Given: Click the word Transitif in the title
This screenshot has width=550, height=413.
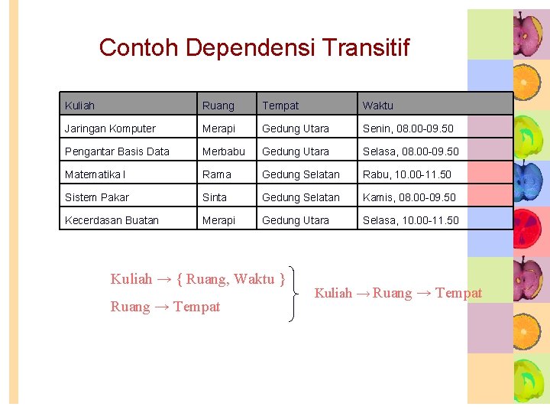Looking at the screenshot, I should click(x=366, y=47).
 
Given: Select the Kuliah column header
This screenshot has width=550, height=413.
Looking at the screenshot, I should click(x=80, y=106).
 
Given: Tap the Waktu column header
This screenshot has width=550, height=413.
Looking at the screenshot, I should click(x=378, y=106).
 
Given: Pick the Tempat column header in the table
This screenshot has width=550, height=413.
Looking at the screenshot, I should click(x=280, y=106).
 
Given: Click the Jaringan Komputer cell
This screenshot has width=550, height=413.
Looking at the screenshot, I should click(x=110, y=128).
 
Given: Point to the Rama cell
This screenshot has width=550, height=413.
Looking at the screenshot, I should click(x=216, y=174).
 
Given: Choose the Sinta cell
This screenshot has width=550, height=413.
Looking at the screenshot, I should click(x=215, y=197).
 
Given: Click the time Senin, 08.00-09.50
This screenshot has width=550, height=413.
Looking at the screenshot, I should click(x=408, y=128).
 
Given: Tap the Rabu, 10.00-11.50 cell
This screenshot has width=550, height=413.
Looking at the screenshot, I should click(x=407, y=174).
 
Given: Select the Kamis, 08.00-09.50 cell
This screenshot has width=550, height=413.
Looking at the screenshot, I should click(x=409, y=197).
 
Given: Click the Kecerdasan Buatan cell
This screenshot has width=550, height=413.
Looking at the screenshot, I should click(x=112, y=220).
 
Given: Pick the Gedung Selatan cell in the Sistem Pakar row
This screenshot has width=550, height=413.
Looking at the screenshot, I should click(x=301, y=197).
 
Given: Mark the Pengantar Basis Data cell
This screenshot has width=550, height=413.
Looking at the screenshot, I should click(x=117, y=151).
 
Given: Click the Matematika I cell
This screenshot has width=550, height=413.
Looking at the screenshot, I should click(x=95, y=174).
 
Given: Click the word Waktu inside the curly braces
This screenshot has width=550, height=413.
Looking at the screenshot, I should click(x=254, y=279).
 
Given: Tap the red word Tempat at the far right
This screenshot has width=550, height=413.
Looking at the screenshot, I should click(x=458, y=293).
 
